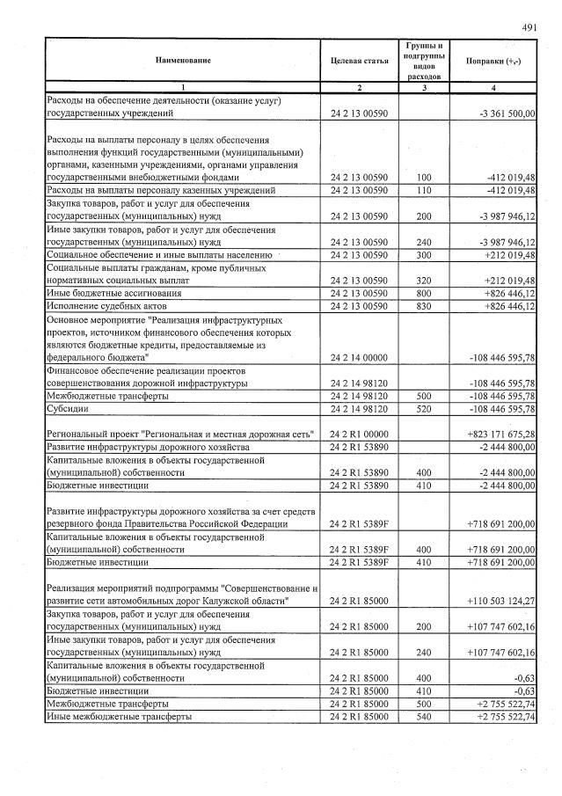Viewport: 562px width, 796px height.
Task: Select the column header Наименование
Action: tap(183, 61)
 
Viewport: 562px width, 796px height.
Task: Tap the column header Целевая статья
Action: tap(360, 61)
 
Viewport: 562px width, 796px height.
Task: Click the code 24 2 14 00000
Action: tap(359, 358)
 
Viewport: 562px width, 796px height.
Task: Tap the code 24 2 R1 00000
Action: tap(359, 435)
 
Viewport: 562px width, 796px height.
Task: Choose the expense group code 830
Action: tap(426, 306)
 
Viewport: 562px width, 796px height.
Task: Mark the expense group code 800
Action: tap(426, 293)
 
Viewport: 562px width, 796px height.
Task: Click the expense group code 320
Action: tap(426, 280)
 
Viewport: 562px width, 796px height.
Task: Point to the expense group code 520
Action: tap(426, 410)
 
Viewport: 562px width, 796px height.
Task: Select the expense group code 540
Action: tap(426, 718)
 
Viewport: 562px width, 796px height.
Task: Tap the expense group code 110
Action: tap(426, 190)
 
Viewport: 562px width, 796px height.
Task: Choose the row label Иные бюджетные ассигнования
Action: tap(113, 293)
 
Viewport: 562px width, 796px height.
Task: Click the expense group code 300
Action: tap(426, 254)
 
